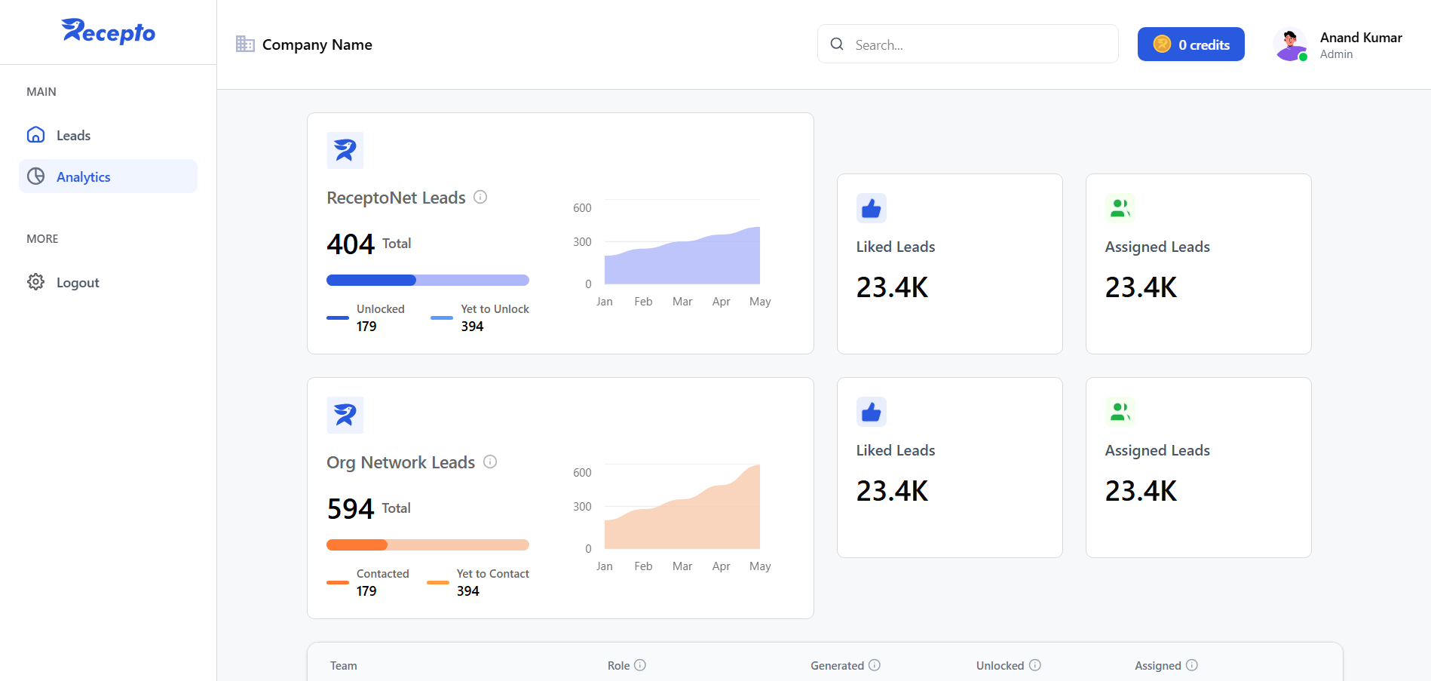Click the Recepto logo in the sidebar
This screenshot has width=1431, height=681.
pyautogui.click(x=108, y=32)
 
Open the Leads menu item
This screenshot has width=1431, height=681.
pyautogui.click(x=73, y=136)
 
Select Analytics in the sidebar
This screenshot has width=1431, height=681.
pyautogui.click(x=83, y=177)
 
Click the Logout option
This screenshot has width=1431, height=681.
pyautogui.click(x=77, y=283)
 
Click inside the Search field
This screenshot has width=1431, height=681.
pyautogui.click(x=980, y=44)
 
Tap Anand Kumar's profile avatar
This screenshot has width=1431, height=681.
pyautogui.click(x=1290, y=44)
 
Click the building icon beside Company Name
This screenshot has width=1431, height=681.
pyautogui.click(x=245, y=44)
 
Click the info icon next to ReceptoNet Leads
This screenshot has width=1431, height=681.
pyautogui.click(x=480, y=198)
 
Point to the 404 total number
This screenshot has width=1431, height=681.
pyautogui.click(x=351, y=244)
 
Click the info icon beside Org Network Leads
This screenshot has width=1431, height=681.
pyautogui.click(x=490, y=462)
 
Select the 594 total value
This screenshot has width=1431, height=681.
pyautogui.click(x=351, y=509)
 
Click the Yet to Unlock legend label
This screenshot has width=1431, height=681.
pyautogui.click(x=495, y=309)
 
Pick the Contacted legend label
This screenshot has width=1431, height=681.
pyautogui.click(x=382, y=574)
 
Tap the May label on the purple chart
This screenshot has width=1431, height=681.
pyautogui.click(x=760, y=302)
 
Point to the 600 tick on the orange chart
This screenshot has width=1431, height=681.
pyautogui.click(x=582, y=473)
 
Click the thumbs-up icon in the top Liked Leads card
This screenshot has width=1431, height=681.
pyautogui.click(x=872, y=209)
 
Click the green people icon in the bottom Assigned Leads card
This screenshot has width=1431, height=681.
pyautogui.click(x=1120, y=412)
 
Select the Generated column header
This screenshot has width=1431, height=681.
pyautogui.click(x=837, y=666)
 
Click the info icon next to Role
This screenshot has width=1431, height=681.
pyautogui.click(x=640, y=665)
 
